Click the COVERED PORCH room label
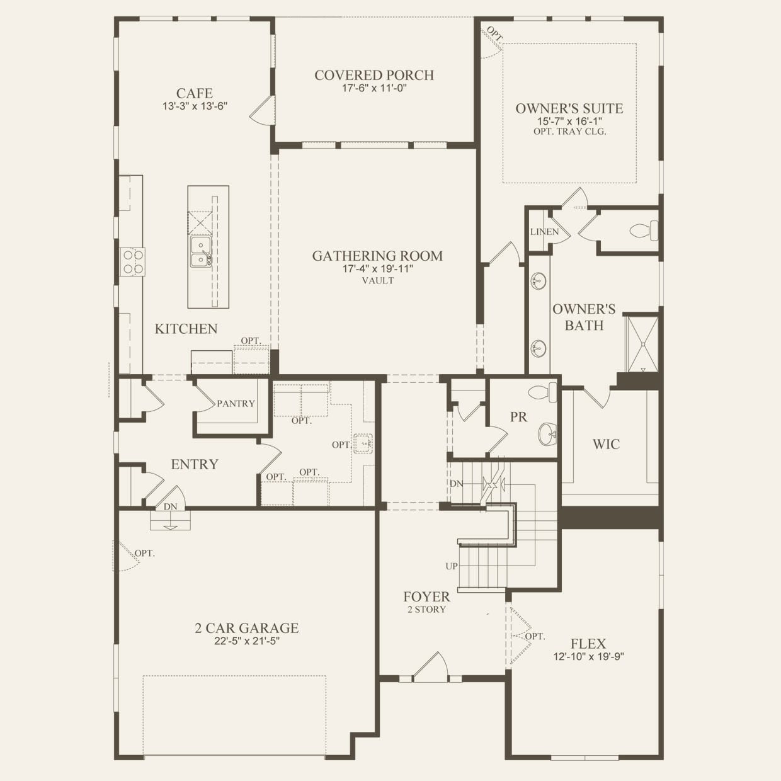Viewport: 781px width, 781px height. click(374, 76)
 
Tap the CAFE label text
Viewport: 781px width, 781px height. click(195, 93)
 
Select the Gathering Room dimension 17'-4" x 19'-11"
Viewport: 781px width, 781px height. click(378, 268)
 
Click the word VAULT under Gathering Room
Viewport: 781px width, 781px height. click(378, 280)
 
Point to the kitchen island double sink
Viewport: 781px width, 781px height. click(201, 252)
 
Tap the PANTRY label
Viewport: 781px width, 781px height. click(236, 404)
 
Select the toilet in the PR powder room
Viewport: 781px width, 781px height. click(543, 392)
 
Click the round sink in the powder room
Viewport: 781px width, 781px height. click(547, 435)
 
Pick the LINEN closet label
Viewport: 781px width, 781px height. click(544, 232)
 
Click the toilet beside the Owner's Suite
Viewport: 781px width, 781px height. click(644, 231)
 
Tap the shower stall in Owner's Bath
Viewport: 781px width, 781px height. click(642, 345)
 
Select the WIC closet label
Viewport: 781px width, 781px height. click(607, 444)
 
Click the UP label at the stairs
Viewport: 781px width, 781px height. click(452, 566)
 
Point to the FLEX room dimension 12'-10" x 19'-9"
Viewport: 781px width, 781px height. click(588, 656)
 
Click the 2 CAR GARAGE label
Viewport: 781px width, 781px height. click(247, 628)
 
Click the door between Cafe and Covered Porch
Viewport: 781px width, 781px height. click(262, 110)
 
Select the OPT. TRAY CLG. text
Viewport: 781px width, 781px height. click(570, 132)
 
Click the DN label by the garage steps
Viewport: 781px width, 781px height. click(171, 506)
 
